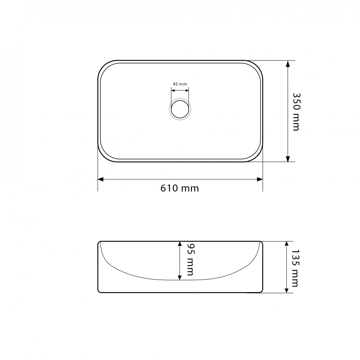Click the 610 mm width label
point(180,188)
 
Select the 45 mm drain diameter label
point(180,84)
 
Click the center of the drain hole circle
point(180,109)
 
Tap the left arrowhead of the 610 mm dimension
point(100,179)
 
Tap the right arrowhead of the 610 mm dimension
point(260,179)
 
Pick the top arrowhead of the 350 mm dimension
point(288,63)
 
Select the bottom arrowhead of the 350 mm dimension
point(288,159)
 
